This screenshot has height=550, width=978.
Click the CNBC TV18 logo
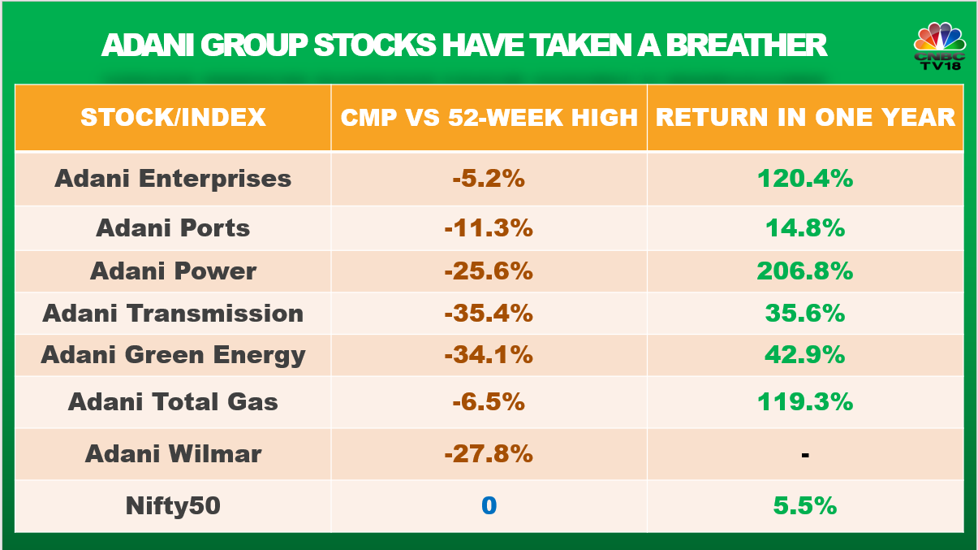939,46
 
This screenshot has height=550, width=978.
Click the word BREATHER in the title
746,45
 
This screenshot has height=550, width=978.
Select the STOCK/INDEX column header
173,117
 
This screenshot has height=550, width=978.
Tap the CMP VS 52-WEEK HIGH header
489,117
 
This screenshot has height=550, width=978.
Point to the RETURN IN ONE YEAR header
805,117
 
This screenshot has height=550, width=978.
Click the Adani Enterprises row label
173,179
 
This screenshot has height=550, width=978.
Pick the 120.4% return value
805,179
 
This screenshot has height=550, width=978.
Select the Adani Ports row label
173,227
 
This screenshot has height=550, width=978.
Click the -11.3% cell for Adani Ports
489,227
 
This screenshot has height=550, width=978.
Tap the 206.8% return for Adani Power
805,271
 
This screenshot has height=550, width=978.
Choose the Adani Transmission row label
173,313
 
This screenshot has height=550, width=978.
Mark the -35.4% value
489,313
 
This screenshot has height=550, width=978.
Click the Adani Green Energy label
173,355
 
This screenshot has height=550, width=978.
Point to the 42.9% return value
805,354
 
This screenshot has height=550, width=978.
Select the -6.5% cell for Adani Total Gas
489,401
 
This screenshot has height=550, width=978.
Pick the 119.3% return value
805,401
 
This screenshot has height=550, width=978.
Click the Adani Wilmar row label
173,453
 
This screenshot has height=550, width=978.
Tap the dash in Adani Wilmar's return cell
805,456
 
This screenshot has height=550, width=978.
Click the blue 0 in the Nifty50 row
489,505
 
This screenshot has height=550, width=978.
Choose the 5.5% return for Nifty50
805,505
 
